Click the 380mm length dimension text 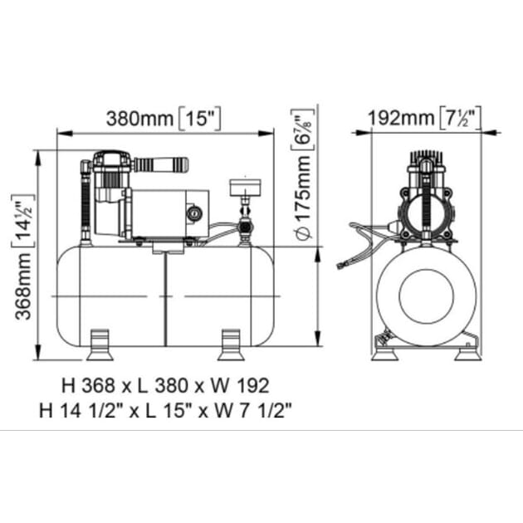140,119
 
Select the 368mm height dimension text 23,286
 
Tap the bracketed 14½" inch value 23,221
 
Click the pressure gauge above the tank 245,188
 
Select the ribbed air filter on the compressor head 161,164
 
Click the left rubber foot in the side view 100,345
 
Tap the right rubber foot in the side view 231,345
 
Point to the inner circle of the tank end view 427,296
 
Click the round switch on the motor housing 194,213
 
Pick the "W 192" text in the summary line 239,385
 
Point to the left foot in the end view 385,354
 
